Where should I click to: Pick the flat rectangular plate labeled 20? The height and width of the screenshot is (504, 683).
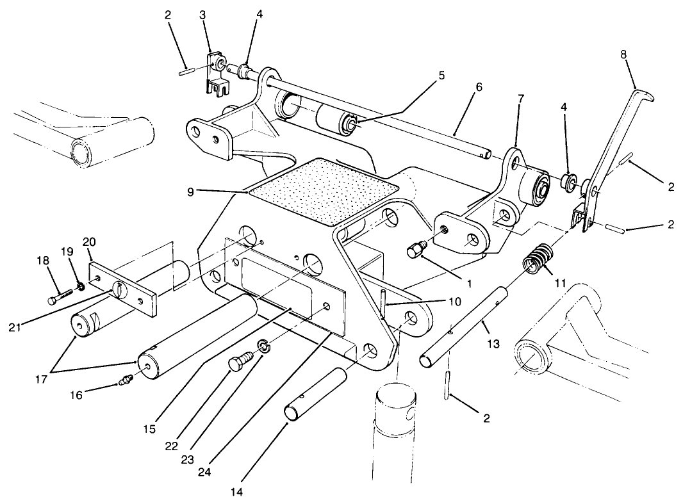[x=124, y=287]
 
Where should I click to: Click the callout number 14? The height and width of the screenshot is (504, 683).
[x=237, y=492]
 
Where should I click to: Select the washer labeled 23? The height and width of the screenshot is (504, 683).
[x=263, y=346]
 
